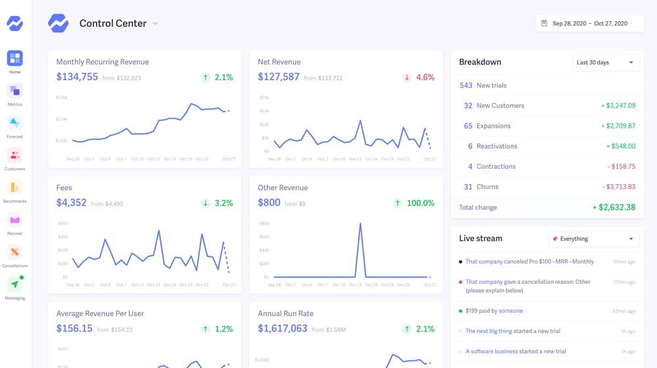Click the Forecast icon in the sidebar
pyautogui.click(x=14, y=123)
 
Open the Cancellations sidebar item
pyautogui.click(x=14, y=252)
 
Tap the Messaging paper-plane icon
pyautogui.click(x=14, y=285)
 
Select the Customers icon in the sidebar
pyautogui.click(x=14, y=156)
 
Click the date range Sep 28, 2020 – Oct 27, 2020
pyautogui.click(x=589, y=24)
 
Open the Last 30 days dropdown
pyautogui.click(x=605, y=62)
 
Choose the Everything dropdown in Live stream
pyautogui.click(x=593, y=239)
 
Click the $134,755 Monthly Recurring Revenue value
pyautogui.click(x=77, y=77)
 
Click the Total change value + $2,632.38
pyautogui.click(x=614, y=208)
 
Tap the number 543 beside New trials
pyautogui.click(x=466, y=85)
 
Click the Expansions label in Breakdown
pyautogui.click(x=493, y=126)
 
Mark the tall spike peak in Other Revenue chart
pyautogui.click(x=360, y=224)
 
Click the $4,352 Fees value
pyautogui.click(x=71, y=202)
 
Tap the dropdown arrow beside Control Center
pyautogui.click(x=155, y=24)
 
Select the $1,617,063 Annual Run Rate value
pyautogui.click(x=283, y=329)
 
